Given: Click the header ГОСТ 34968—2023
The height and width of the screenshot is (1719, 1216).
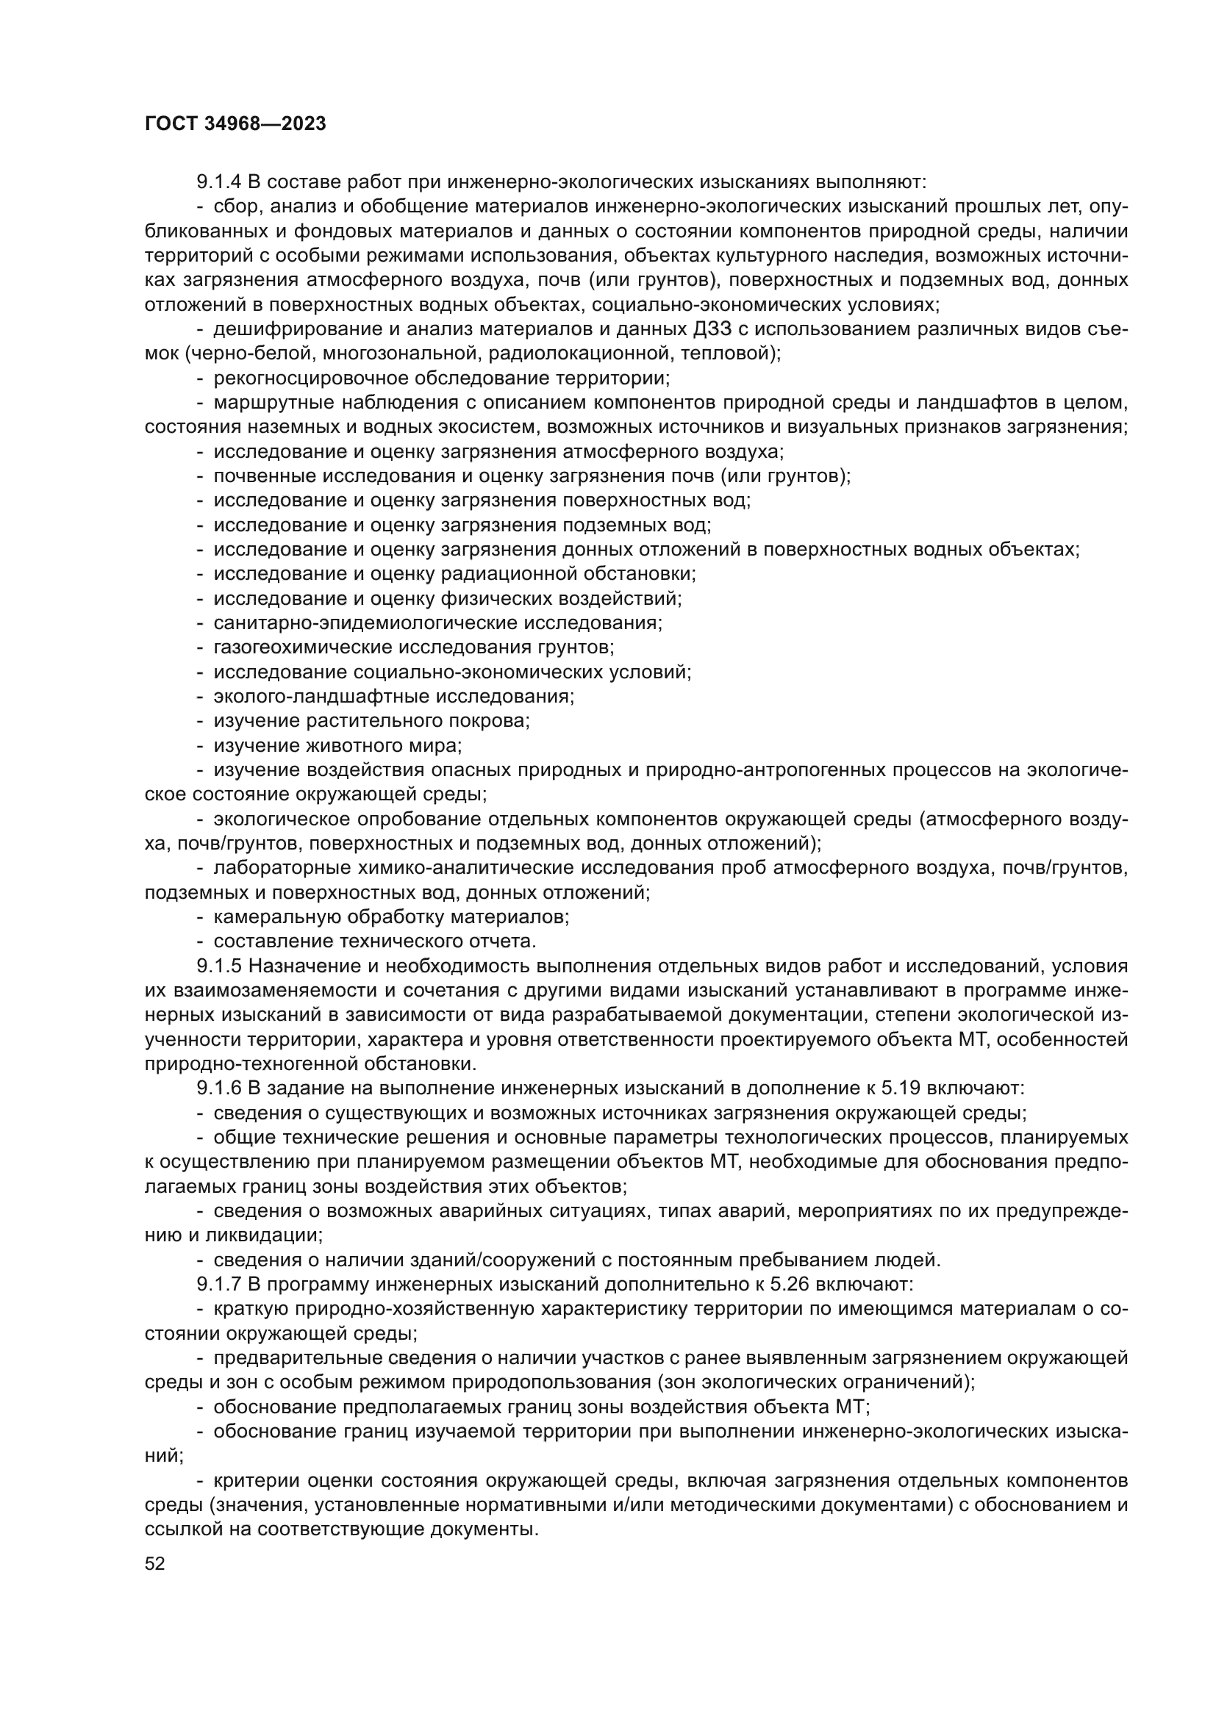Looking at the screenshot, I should pos(235,124).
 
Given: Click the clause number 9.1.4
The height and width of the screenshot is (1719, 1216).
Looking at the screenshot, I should pos(218,182).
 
